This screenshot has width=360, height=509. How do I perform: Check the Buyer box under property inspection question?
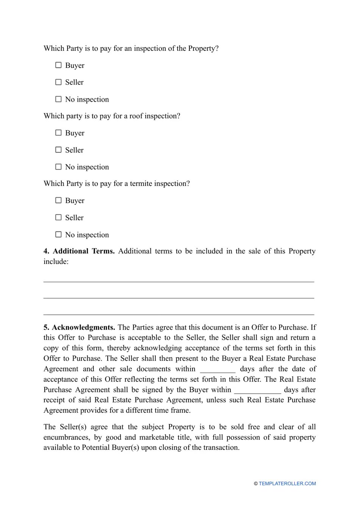coord(58,65)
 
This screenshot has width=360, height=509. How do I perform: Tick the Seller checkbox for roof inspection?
coord(58,150)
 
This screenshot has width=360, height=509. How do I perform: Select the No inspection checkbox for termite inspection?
coord(58,234)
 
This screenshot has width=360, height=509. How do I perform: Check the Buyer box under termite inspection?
coord(58,200)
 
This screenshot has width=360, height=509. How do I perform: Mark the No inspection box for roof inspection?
coord(58,167)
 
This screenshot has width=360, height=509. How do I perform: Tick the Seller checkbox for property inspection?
coord(58,82)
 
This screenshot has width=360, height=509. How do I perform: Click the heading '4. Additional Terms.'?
coord(79,251)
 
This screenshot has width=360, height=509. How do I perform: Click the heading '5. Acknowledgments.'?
coord(79,327)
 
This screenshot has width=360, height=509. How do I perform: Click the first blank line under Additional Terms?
coord(178,281)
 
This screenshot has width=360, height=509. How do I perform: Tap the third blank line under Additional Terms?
coord(178,314)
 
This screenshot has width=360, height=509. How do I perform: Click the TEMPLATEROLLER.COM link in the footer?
coord(287,484)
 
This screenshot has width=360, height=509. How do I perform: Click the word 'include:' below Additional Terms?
coord(56,262)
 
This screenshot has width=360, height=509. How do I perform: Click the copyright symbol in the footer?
coord(256,484)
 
